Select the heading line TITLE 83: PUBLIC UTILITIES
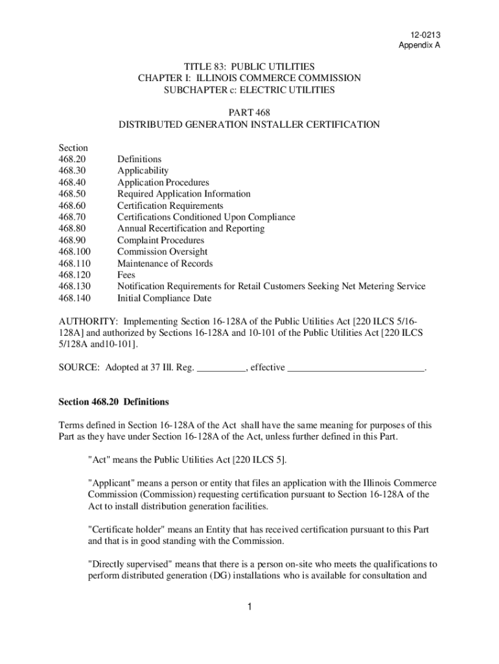(249, 67)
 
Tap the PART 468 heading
(249, 113)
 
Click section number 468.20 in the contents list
(72, 159)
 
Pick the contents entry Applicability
(143, 171)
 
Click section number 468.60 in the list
(72, 206)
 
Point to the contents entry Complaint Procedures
(160, 241)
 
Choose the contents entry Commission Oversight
(162, 252)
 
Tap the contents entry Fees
(126, 275)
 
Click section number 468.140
(75, 298)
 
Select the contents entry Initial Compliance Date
(164, 298)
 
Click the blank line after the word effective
(355, 368)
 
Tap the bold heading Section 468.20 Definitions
(113, 401)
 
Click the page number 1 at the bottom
(249, 607)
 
